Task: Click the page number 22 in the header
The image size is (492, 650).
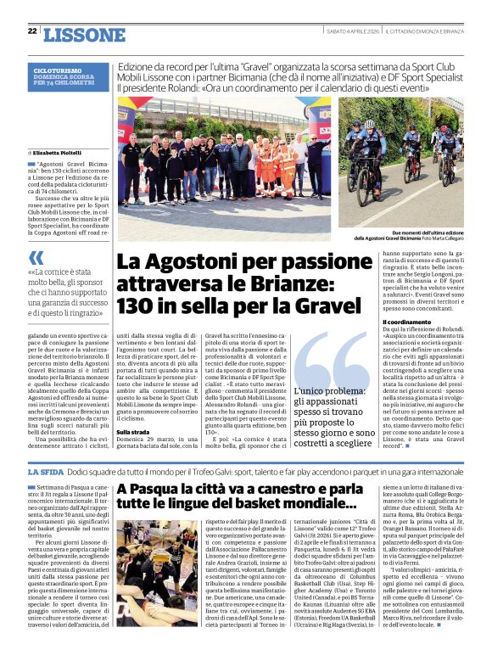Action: pos(32,31)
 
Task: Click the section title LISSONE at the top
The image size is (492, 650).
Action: pos(83,34)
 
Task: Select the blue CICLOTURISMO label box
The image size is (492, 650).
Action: pos(68,77)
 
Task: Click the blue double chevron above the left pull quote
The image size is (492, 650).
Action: pos(36,256)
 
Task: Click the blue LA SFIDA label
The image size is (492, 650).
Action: pos(44,472)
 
